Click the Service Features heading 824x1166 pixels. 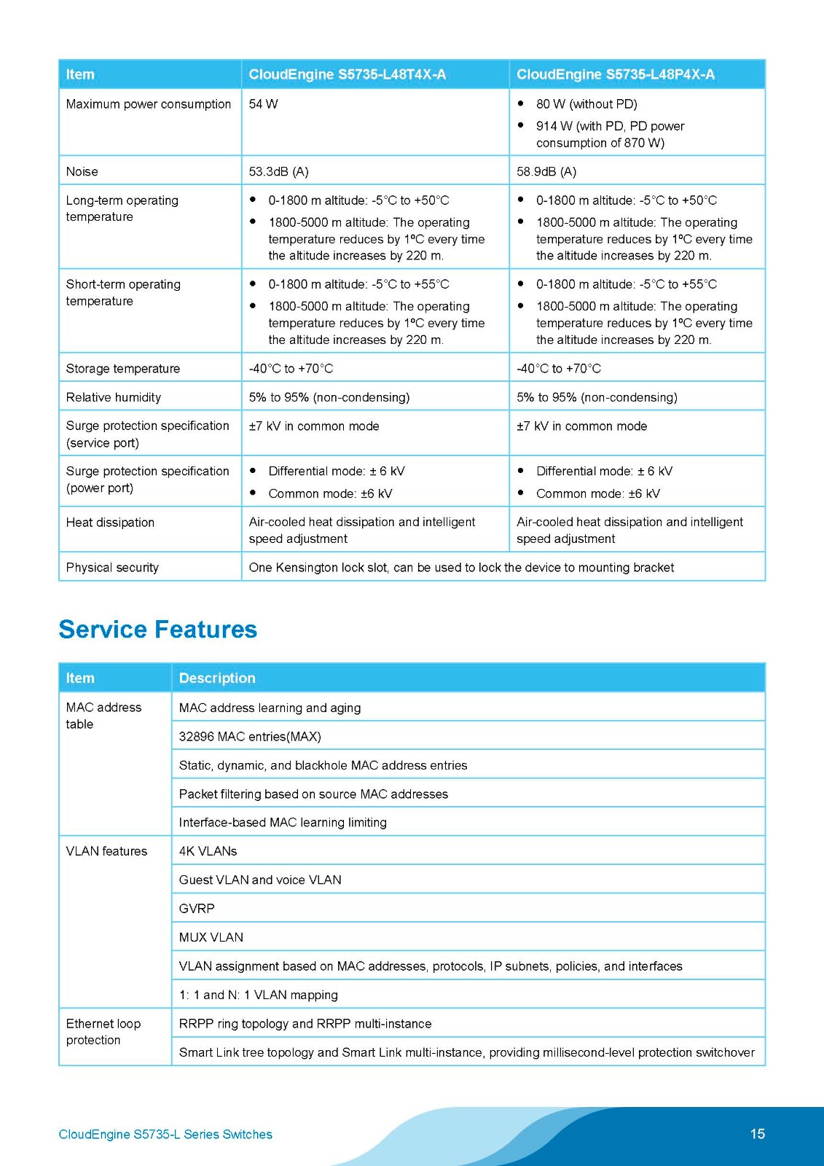[x=157, y=629]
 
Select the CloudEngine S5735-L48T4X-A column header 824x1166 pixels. [x=347, y=74]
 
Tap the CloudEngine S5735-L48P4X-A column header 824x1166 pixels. [x=615, y=74]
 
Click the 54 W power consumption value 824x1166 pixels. [x=263, y=104]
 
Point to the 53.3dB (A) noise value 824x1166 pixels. [x=278, y=172]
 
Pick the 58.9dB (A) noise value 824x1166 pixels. [x=546, y=172]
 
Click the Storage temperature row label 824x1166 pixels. [x=122, y=369]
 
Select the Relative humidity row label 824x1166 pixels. [x=113, y=397]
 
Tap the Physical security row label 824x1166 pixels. [x=112, y=568]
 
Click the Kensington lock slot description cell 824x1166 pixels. [x=461, y=568]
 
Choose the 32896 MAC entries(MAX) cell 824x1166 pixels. [x=250, y=737]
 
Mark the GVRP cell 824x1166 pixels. [x=197, y=909]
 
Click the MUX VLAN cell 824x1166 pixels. [x=211, y=937]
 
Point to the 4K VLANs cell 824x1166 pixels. [x=208, y=851]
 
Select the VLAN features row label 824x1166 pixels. [x=106, y=851]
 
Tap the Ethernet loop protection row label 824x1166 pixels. [x=103, y=1032]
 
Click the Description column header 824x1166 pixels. [x=217, y=678]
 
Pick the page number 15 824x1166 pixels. [x=757, y=1134]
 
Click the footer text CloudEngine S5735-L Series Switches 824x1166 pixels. [x=165, y=1135]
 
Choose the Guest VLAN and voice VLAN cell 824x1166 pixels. [x=260, y=880]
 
